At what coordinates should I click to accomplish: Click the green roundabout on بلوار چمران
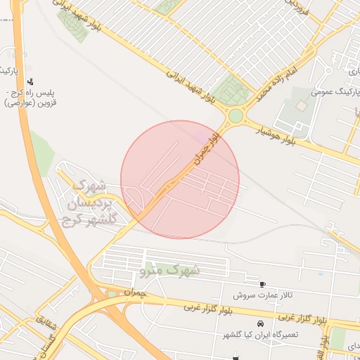tap(236, 115)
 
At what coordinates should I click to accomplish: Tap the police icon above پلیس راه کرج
tap(30, 82)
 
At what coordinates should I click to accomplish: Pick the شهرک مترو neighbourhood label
tap(171, 269)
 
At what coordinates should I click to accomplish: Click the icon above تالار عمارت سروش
tap(262, 285)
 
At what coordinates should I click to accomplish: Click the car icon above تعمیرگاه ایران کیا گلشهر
tap(260, 324)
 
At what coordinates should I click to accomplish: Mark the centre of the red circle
tap(180, 179)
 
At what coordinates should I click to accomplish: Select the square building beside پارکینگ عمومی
tap(302, 105)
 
